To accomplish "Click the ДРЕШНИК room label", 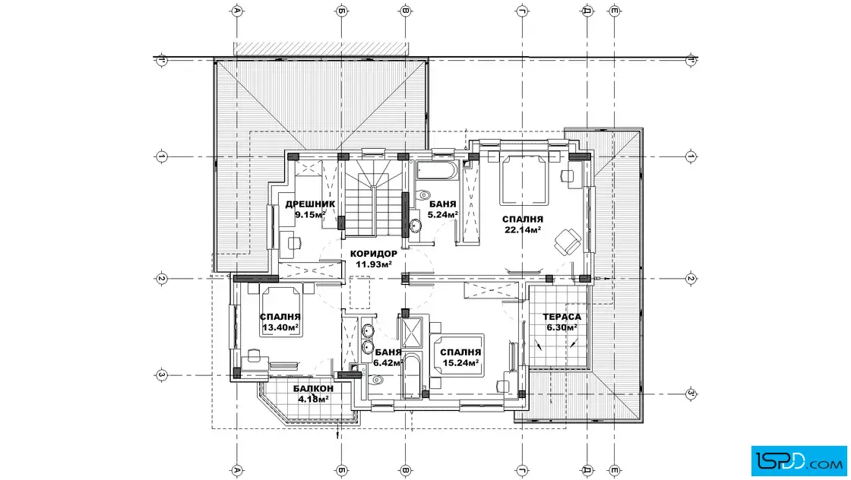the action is click(310, 204).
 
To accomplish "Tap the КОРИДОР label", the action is click(373, 254).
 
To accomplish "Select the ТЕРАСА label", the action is click(562, 317).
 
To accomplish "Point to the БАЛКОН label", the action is click(313, 388).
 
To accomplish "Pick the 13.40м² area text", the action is click(280, 327).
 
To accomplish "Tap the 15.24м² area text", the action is click(460, 363).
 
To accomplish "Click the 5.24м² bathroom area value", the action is click(443, 214).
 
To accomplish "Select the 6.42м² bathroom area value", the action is click(387, 363).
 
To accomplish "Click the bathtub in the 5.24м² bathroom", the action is click(436, 170).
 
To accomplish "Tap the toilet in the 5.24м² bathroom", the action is click(422, 194).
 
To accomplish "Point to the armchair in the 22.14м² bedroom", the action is click(568, 240).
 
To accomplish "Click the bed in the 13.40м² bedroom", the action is click(280, 311).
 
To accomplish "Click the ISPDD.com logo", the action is click(799, 460).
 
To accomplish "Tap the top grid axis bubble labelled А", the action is click(236, 11).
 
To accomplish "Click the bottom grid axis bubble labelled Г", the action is click(522, 469).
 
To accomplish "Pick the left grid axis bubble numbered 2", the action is click(161, 279).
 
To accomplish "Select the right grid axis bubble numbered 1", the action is click(691, 156).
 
